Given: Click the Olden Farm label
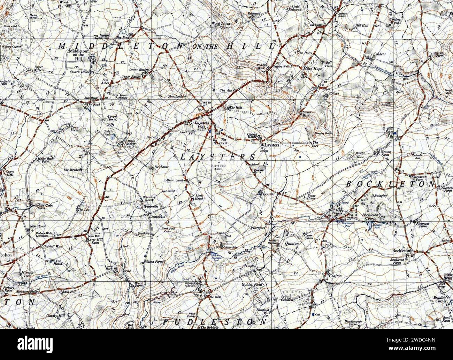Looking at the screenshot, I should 154,261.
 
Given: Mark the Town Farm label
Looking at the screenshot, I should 75,129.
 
